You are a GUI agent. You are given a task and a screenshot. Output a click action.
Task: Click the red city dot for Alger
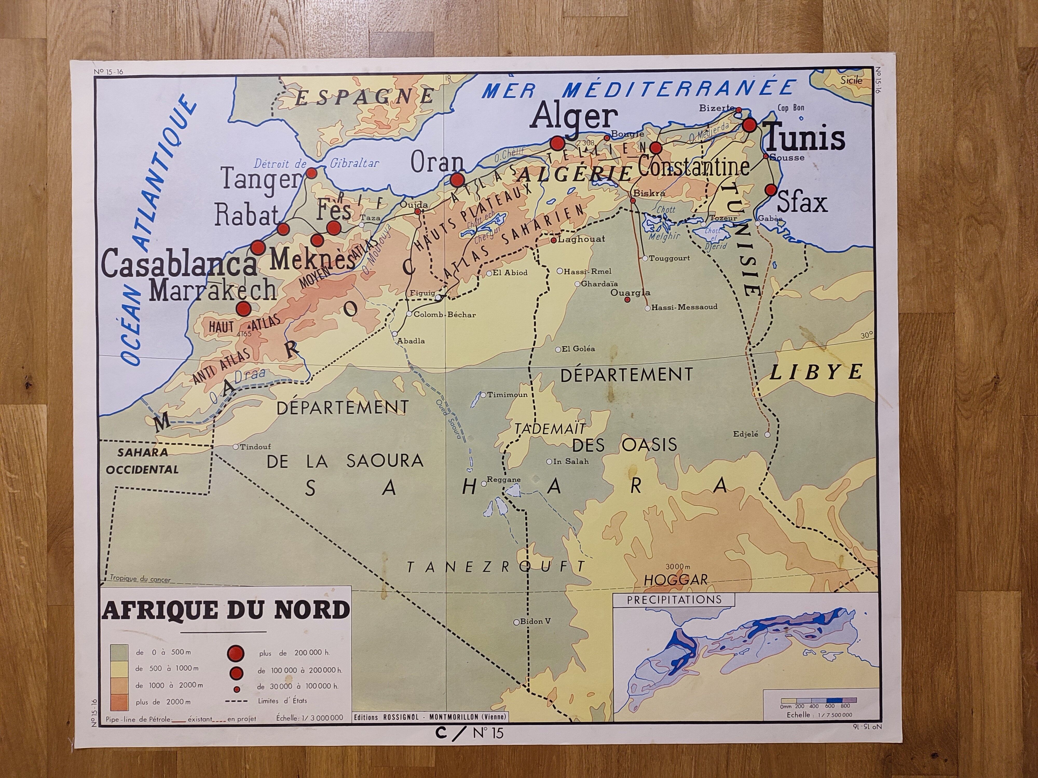pos(557,143)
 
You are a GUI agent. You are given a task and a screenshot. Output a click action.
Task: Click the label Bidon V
pos(535,621)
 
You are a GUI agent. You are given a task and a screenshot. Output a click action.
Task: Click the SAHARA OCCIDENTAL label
pos(142,461)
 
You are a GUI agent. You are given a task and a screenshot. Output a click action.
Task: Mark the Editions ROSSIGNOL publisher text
pos(430,717)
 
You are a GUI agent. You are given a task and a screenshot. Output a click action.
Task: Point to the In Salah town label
pos(570,461)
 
